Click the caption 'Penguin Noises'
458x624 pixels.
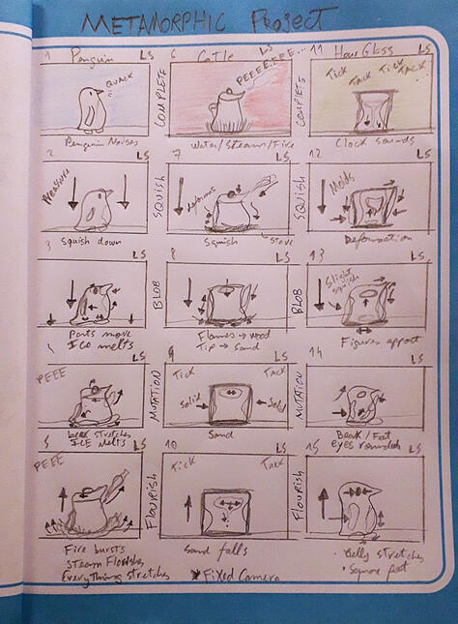click(89, 143)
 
